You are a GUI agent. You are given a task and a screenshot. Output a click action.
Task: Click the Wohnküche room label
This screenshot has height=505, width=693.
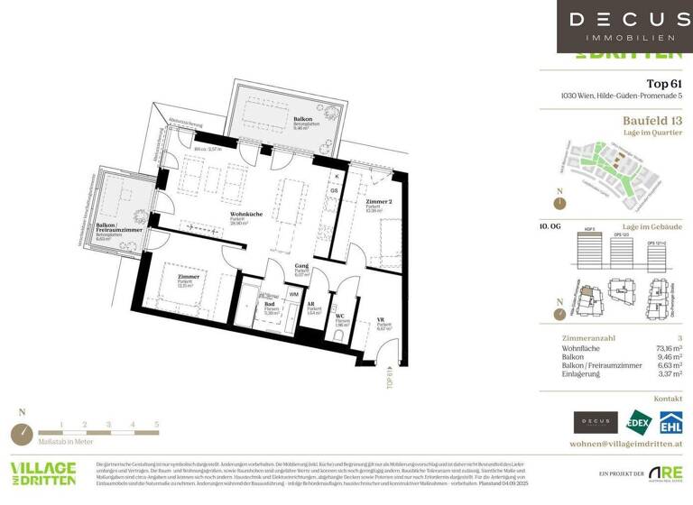click(245, 214)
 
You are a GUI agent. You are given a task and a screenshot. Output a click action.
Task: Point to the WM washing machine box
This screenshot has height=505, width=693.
click(293, 295)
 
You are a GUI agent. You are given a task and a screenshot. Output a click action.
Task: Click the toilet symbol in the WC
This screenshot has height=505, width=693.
click(337, 335)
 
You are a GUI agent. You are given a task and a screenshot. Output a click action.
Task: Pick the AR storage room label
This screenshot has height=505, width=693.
click(311, 307)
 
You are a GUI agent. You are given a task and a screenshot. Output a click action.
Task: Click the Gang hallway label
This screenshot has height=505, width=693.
click(302, 267)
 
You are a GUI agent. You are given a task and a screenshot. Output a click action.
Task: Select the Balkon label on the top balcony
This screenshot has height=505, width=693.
click(278, 118)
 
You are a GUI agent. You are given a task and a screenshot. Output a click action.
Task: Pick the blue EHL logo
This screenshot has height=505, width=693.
click(670, 422)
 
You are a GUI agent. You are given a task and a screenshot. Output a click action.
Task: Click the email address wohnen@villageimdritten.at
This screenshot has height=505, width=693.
click(625, 445)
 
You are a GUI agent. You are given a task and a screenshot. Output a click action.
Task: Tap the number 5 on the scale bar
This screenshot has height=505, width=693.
click(157, 423)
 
